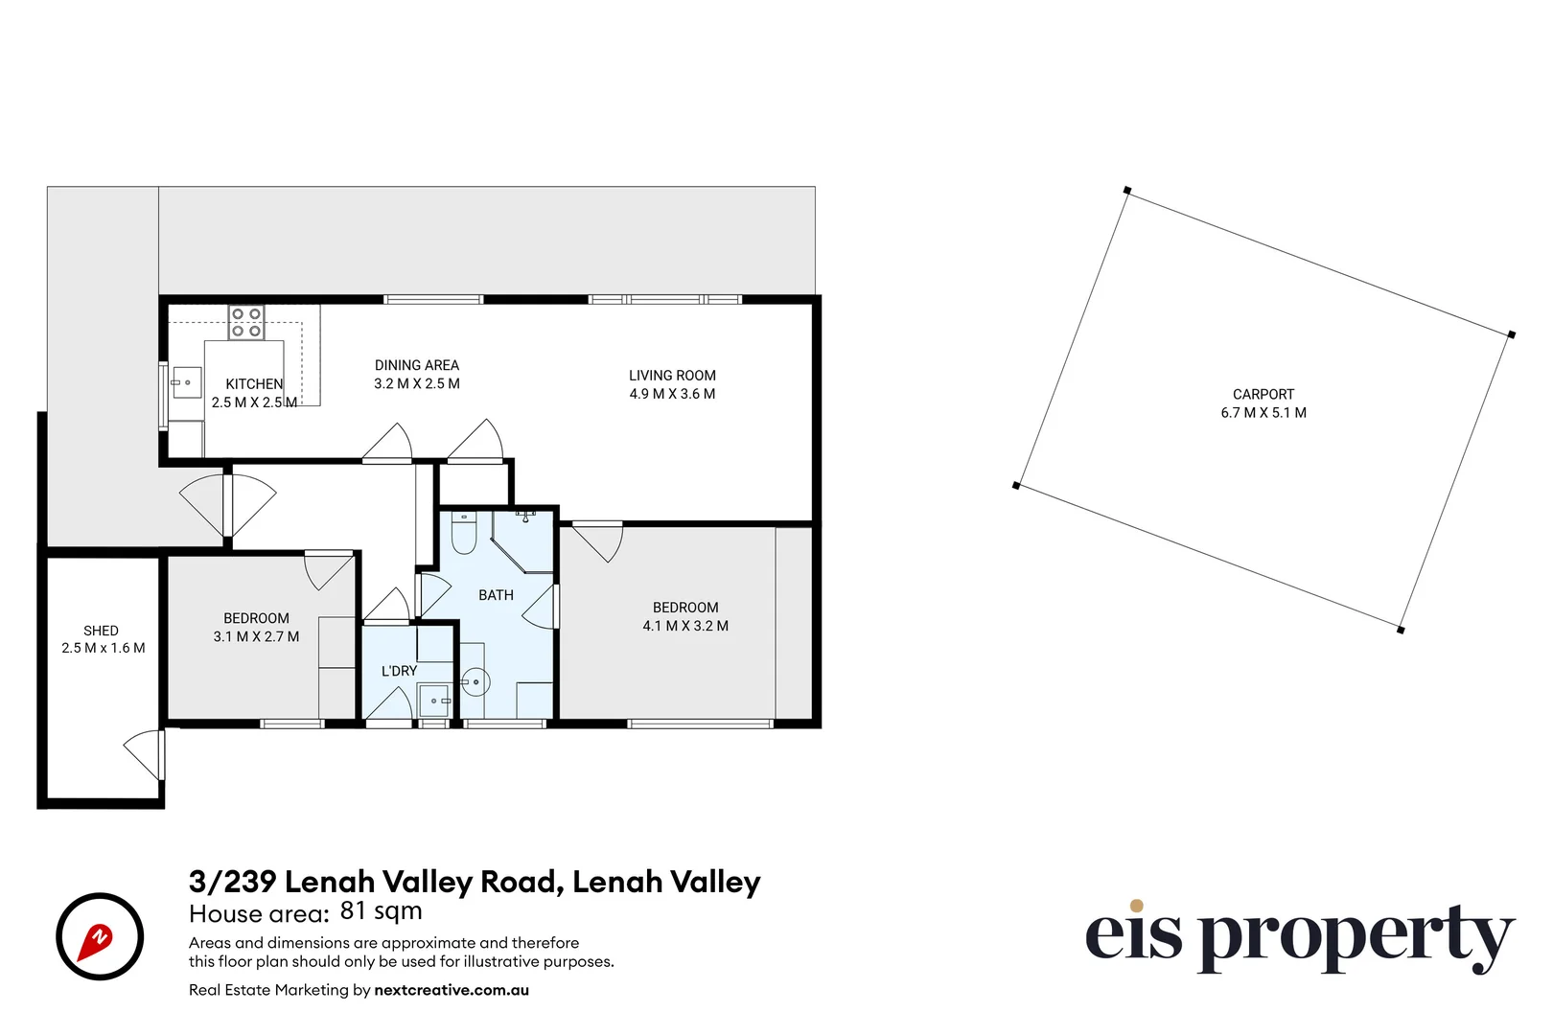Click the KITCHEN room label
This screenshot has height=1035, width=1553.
point(254,383)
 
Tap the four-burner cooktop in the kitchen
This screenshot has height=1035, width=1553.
point(246,322)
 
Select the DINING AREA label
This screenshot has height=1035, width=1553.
point(416,365)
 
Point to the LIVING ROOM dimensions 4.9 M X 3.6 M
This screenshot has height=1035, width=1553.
point(672,394)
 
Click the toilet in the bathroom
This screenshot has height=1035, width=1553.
point(464,535)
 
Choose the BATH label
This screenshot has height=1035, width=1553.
point(496,595)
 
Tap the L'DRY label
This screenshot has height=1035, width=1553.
point(399,671)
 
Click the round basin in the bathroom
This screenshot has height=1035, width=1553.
point(475,682)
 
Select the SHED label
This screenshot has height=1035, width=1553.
point(101,631)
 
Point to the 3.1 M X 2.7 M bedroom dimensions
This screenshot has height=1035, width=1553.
point(256,636)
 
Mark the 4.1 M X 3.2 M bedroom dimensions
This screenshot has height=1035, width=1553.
point(685,626)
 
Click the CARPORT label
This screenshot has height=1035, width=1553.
point(1263,394)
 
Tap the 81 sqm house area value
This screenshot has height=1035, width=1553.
point(381,910)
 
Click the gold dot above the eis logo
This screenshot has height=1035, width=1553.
point(1136,906)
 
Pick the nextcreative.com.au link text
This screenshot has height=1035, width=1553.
point(452,990)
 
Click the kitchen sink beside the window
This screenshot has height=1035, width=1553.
point(186,383)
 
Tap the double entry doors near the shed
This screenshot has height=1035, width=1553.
point(228,503)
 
